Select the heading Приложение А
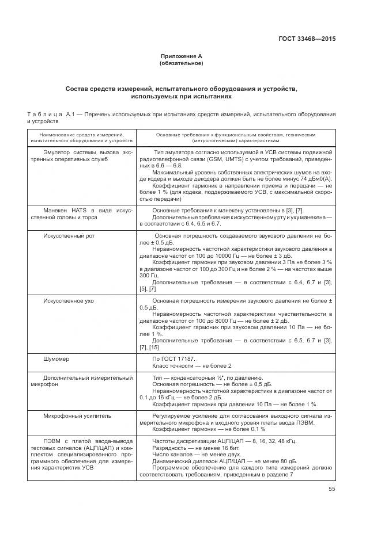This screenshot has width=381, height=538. pyautogui.click(x=181, y=56)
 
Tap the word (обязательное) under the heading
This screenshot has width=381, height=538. pyautogui.click(x=181, y=63)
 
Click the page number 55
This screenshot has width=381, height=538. pyautogui.click(x=331, y=489)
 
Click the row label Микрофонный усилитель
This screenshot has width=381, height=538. pyautogui.click(x=78, y=415)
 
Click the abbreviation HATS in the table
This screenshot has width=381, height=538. pyautogui.click(x=79, y=211)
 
